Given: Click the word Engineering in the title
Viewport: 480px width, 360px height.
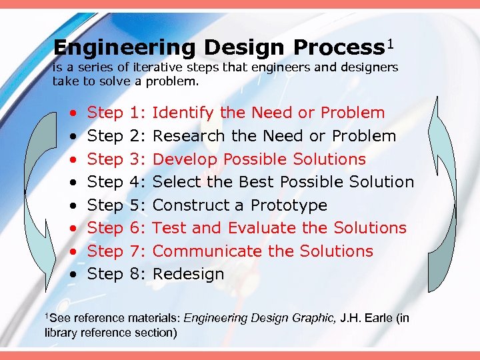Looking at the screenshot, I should coord(125,48).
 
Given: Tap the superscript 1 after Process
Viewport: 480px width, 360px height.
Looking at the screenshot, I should coord(391,44).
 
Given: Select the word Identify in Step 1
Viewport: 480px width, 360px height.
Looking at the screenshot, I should coord(183,113).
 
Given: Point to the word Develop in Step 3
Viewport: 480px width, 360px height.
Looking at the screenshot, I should coord(185,159).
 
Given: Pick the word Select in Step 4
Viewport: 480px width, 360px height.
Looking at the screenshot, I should coord(175,182).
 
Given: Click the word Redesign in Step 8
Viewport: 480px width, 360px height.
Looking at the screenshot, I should coord(189,274).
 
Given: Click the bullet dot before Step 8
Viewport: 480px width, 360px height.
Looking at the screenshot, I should coord(71,275).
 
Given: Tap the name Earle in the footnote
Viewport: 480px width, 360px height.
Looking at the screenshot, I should coord(379,318).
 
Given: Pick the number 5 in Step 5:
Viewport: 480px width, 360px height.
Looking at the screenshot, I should coord(135,205).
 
